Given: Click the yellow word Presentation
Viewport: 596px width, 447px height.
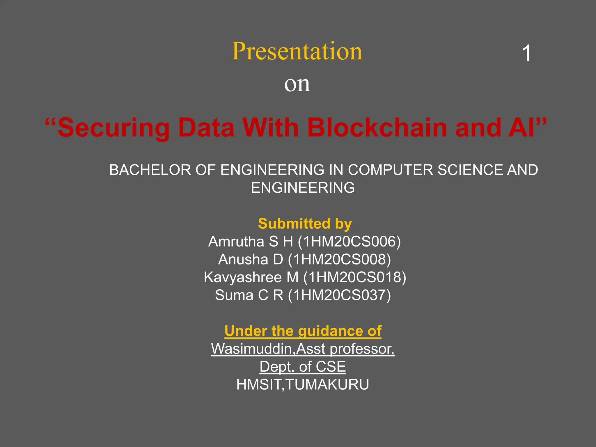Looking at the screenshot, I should coord(297,52).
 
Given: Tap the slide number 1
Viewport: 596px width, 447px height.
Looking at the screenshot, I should coord(526,54).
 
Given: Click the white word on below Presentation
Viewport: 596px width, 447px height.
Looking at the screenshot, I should coord(297,84).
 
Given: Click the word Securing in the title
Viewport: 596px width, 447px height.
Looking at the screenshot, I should coord(113,128).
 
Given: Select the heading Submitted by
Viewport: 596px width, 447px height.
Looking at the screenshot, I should coord(305,224).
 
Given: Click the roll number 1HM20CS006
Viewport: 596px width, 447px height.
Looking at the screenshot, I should coord(349,242).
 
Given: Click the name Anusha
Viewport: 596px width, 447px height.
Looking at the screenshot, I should coord(243,260).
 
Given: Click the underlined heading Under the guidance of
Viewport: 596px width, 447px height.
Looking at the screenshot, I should coord(303,331).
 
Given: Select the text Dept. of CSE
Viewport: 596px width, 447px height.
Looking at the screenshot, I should coord(303,367).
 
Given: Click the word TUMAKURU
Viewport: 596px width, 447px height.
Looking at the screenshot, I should coord(327,385).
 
